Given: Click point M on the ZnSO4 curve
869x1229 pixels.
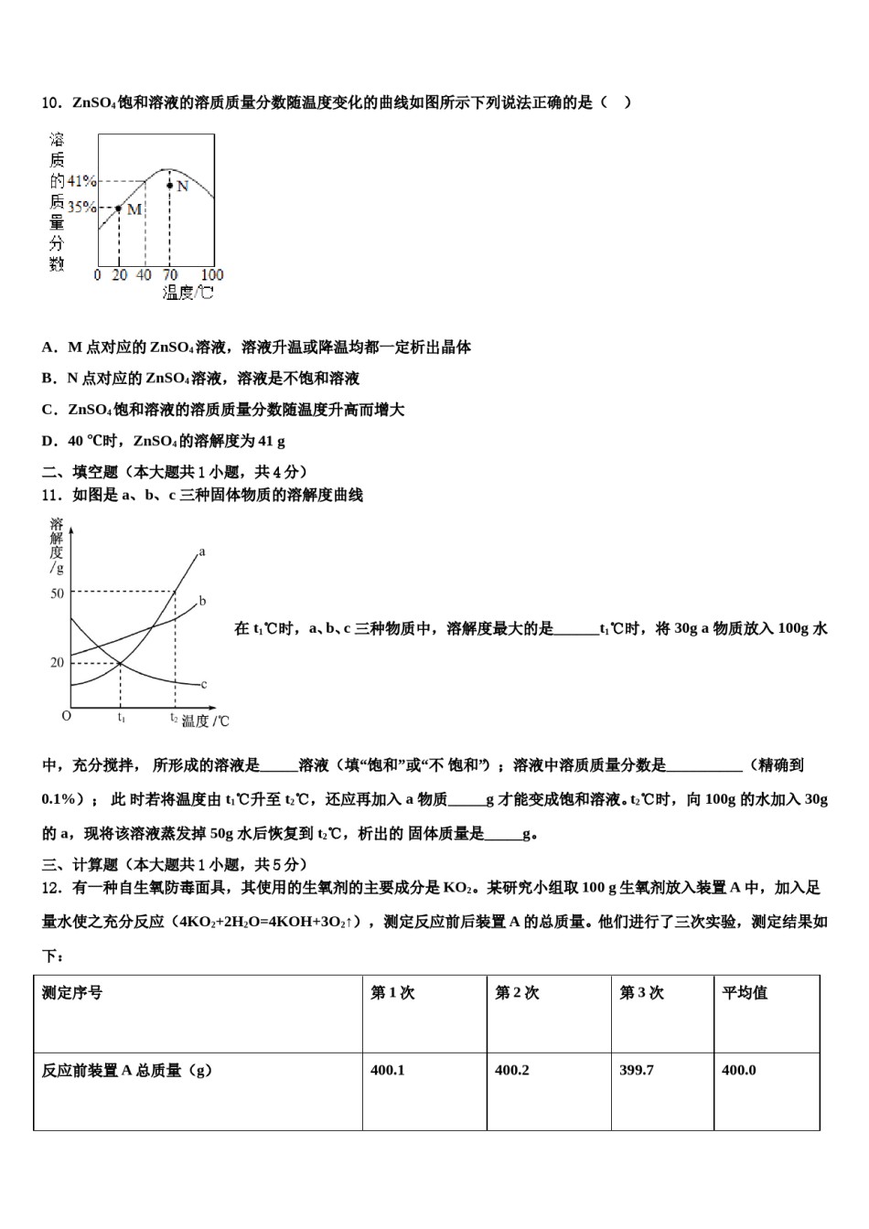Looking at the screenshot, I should [x=118, y=208].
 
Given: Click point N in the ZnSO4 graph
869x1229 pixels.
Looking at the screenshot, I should [x=170, y=186].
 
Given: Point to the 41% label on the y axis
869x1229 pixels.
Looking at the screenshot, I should [x=81, y=181].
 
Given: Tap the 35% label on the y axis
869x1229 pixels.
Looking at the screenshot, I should [x=81, y=208].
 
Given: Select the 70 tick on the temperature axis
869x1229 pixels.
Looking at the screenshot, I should [x=170, y=274].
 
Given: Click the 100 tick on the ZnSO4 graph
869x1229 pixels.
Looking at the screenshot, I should [x=212, y=274].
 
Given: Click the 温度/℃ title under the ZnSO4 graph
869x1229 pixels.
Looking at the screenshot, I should [x=188, y=293].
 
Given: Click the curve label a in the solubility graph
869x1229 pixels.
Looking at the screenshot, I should [x=201, y=551].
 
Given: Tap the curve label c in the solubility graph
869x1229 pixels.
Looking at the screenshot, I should [x=203, y=684].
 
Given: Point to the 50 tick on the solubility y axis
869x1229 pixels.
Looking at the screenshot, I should [x=57, y=593].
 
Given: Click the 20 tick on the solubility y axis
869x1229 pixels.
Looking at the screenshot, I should [x=57, y=662].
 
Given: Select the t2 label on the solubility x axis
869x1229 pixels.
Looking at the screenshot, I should [x=173, y=718].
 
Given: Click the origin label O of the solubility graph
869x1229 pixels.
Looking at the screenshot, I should [x=66, y=716].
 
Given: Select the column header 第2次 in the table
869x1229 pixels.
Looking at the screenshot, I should [x=517, y=993].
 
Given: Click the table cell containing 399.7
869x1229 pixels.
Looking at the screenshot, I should [x=637, y=1070].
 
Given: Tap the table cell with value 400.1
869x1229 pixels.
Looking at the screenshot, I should [x=388, y=1070].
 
